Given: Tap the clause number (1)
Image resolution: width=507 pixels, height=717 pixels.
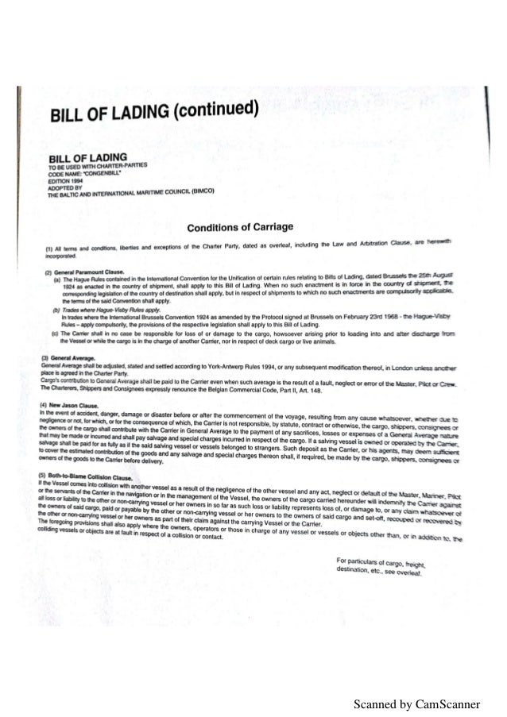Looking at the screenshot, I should pos(47,249).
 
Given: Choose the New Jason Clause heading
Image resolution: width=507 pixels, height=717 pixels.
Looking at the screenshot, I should pos(73,404).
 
